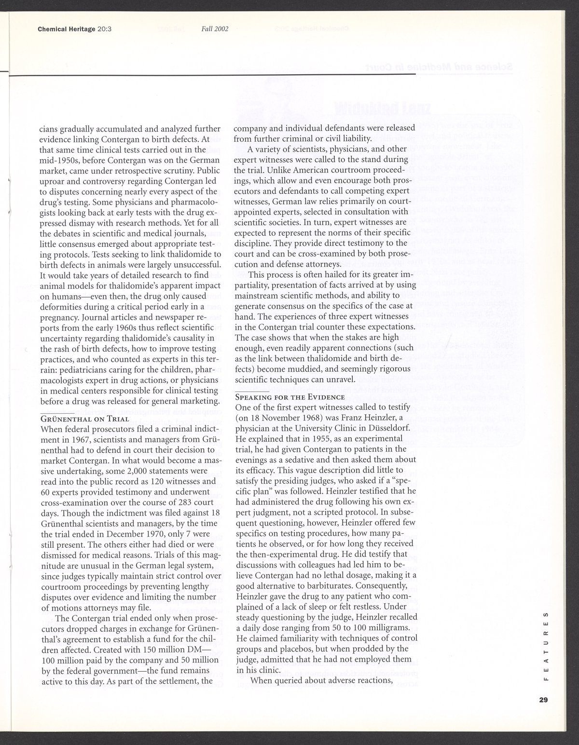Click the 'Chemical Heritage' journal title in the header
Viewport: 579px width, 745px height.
tap(66, 29)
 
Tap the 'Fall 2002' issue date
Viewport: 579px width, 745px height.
tap(214, 29)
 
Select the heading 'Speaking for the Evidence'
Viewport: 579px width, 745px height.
tap(289, 397)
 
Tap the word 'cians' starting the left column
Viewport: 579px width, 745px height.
tap(48, 129)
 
